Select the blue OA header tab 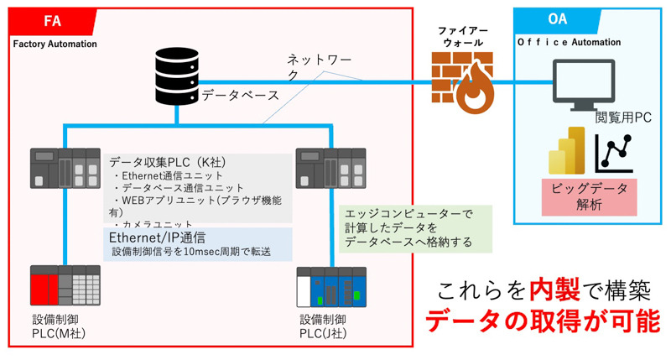(x=554, y=19)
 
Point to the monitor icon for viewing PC (x=587, y=84)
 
